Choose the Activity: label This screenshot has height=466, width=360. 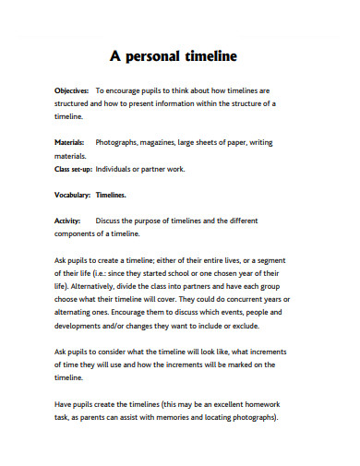point(68,221)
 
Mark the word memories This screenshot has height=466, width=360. point(183,417)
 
